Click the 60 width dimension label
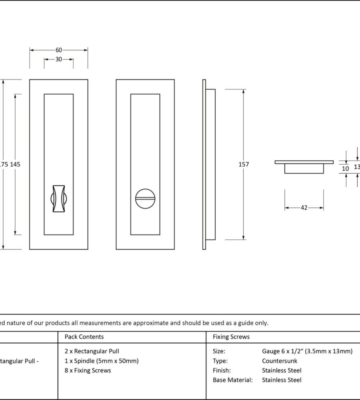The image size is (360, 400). (x=59, y=50)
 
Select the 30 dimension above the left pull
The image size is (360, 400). (x=59, y=59)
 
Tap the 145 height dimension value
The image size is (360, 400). (x=15, y=164)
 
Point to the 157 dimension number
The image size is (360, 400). (x=244, y=164)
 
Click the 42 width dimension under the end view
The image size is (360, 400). (x=304, y=208)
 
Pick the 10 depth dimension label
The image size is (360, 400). (x=346, y=169)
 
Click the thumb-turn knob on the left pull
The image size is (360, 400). (x=58, y=199)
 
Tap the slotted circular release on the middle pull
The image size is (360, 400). (x=145, y=199)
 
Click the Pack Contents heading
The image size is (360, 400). (x=84, y=337)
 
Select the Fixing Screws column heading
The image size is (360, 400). (x=231, y=337)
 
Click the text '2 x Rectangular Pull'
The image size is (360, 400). (x=92, y=351)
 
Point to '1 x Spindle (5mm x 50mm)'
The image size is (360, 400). (x=101, y=361)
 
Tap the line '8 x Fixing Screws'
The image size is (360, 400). (x=88, y=370)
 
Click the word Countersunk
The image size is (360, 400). (x=280, y=361)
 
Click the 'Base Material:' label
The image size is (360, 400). (x=233, y=380)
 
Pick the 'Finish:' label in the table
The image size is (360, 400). (x=222, y=370)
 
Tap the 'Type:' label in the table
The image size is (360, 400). (x=220, y=361)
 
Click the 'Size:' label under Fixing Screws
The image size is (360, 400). (x=219, y=351)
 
